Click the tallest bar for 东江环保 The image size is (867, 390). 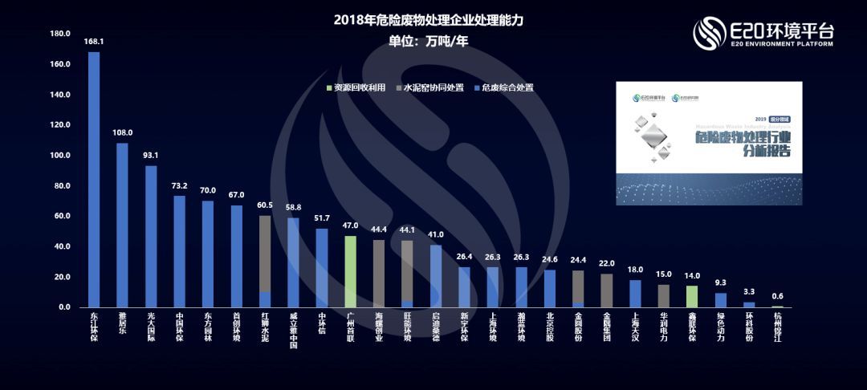(x=94, y=180)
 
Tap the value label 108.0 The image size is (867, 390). (x=123, y=132)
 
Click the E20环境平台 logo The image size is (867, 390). (x=763, y=34)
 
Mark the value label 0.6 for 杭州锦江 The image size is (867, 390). (x=776, y=295)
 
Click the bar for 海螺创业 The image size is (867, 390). (x=378, y=274)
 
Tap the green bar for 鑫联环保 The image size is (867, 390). (x=691, y=296)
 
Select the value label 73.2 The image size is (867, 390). (x=179, y=185)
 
